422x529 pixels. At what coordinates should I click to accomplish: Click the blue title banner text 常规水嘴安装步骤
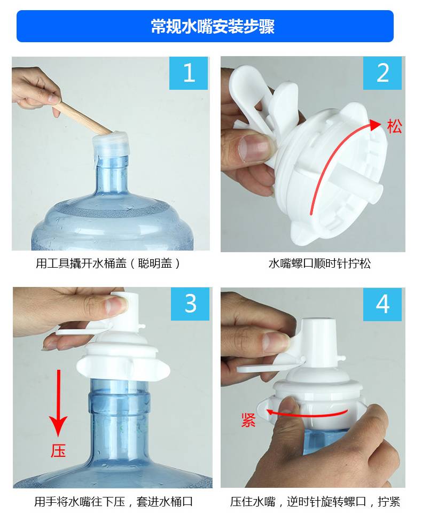click(x=213, y=26)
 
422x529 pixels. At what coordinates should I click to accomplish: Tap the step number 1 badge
click(x=188, y=73)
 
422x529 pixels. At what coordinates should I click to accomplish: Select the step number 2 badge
click(x=382, y=73)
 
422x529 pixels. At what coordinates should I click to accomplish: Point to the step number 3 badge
click(x=190, y=304)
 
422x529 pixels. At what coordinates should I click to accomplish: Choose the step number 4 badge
click(x=382, y=304)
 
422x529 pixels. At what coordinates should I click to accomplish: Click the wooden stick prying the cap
click(x=83, y=118)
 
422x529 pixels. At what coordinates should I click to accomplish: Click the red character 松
click(x=394, y=127)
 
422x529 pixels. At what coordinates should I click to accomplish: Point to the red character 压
click(x=58, y=451)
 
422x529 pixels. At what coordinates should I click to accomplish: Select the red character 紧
click(x=248, y=420)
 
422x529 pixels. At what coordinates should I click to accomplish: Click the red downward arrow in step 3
click(x=58, y=403)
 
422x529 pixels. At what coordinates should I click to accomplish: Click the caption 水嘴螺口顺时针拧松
click(x=319, y=263)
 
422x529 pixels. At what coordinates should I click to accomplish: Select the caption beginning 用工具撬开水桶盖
click(x=108, y=263)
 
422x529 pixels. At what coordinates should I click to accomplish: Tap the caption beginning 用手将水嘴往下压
click(x=113, y=502)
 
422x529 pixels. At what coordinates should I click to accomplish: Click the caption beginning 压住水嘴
click(x=315, y=502)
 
